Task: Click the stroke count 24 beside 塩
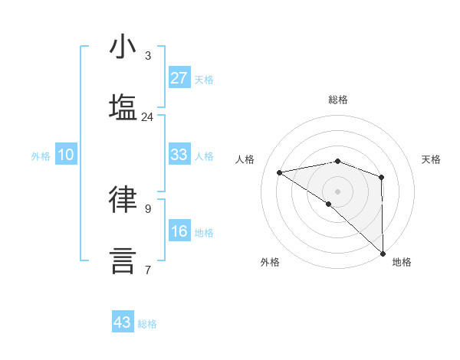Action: (147, 117)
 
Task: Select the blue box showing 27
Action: (179, 78)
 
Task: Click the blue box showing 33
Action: (179, 155)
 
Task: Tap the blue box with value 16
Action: (179, 231)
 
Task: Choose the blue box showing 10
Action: (66, 155)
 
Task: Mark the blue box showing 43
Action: (123, 322)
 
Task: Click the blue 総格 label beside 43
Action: (147, 324)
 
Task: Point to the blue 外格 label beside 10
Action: (41, 156)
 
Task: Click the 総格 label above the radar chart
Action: (338, 100)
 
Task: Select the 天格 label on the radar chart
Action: (431, 159)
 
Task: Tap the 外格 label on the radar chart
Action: (270, 262)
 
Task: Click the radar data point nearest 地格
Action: (383, 252)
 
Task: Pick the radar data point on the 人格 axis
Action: (280, 172)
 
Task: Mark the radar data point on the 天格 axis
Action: (382, 177)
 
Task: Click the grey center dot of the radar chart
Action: (338, 191)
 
